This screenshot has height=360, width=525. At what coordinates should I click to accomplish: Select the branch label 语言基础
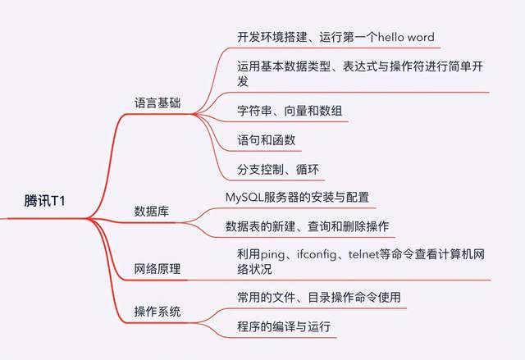coord(158,103)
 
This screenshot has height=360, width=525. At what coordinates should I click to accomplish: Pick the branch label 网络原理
coord(158,268)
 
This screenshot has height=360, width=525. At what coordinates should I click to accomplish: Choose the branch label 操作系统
coord(158,312)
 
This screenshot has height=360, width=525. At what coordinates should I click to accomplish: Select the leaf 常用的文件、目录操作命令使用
coord(318,296)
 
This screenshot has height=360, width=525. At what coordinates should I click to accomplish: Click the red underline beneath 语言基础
coord(158,115)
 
